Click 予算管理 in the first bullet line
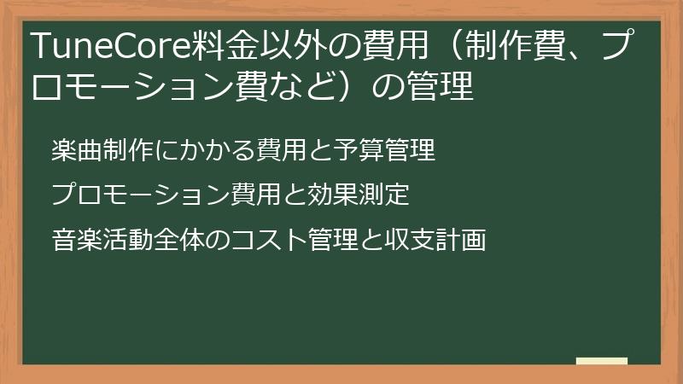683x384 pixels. pyautogui.click(x=394, y=151)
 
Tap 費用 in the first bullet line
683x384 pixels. pyautogui.click(x=277, y=151)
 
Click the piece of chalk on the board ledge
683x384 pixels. pyautogui.click(x=602, y=361)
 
